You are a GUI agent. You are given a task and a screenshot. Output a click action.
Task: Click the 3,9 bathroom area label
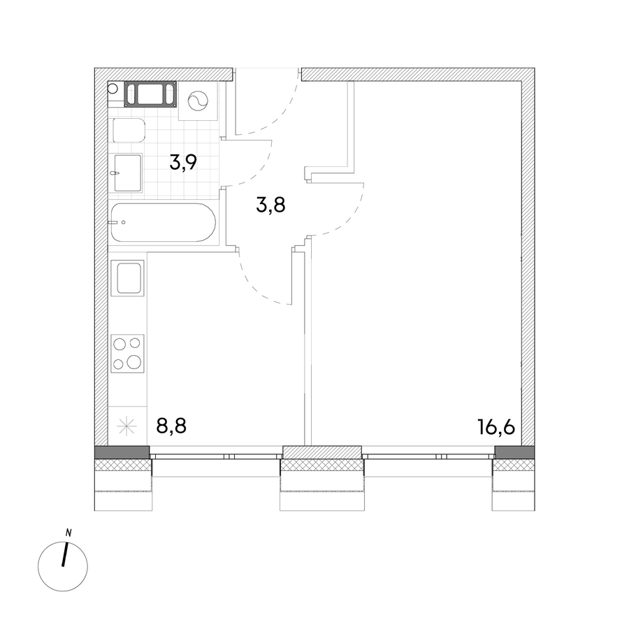(x=183, y=162)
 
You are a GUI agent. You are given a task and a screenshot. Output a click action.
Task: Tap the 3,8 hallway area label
(x=270, y=205)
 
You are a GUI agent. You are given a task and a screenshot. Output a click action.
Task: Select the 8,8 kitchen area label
(x=172, y=426)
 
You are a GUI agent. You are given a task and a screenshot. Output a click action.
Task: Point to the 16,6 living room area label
(x=496, y=427)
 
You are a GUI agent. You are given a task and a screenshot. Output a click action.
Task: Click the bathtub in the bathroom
(x=164, y=223)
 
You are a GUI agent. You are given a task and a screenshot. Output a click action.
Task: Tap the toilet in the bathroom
(x=129, y=130)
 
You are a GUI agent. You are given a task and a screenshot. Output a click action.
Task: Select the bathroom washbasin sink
(x=128, y=173)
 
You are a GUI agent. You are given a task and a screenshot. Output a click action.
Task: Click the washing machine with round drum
(x=198, y=101)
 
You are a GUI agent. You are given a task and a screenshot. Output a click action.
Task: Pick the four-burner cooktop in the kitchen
(x=128, y=354)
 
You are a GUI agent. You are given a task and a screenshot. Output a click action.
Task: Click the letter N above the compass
(x=68, y=533)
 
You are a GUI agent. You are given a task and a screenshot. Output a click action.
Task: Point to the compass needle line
(x=64, y=555)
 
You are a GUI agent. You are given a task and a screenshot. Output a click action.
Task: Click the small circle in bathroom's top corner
(x=113, y=88)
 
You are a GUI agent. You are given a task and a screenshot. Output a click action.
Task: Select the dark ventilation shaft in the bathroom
(x=150, y=94)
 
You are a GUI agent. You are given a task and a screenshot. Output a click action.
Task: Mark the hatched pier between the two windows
(x=322, y=451)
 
